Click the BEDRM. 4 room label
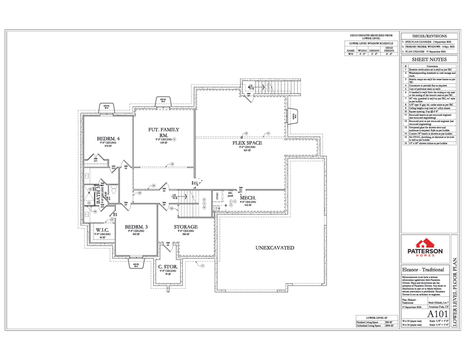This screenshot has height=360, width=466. (x=108, y=138)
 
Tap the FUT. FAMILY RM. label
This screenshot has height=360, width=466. (x=163, y=132)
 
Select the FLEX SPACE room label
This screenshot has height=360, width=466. (x=247, y=143)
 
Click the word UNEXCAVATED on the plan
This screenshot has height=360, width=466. (x=274, y=247)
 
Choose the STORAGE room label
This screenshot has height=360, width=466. (x=186, y=227)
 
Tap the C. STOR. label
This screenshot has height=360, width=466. (x=167, y=267)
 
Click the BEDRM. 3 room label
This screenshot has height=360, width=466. (x=136, y=227)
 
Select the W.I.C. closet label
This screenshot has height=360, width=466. (x=103, y=230)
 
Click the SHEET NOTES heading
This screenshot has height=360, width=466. (x=429, y=60)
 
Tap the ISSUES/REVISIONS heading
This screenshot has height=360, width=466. (x=429, y=36)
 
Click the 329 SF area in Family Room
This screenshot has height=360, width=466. (x=163, y=143)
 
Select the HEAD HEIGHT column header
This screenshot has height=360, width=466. (x=389, y=49)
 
